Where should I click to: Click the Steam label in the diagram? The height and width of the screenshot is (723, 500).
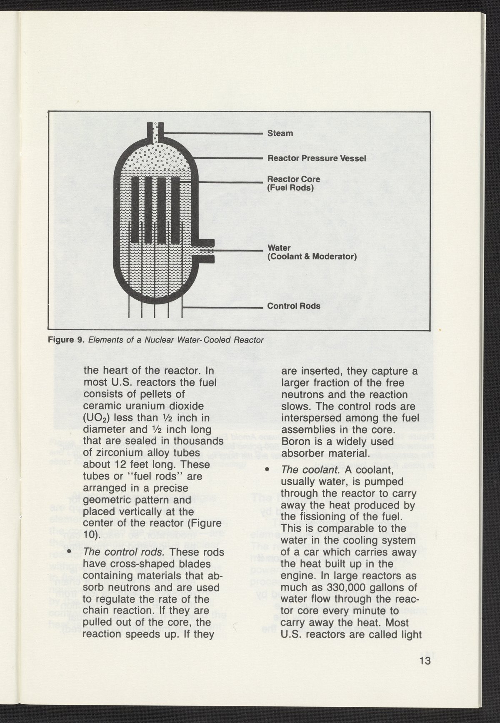280,134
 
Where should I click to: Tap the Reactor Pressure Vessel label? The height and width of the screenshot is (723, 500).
316,159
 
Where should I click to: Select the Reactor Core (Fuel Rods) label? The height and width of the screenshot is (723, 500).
294,183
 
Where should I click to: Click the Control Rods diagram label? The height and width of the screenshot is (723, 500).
294,306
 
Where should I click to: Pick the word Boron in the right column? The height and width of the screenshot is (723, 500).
295,441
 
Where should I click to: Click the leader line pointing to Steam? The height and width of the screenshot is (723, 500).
212,133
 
